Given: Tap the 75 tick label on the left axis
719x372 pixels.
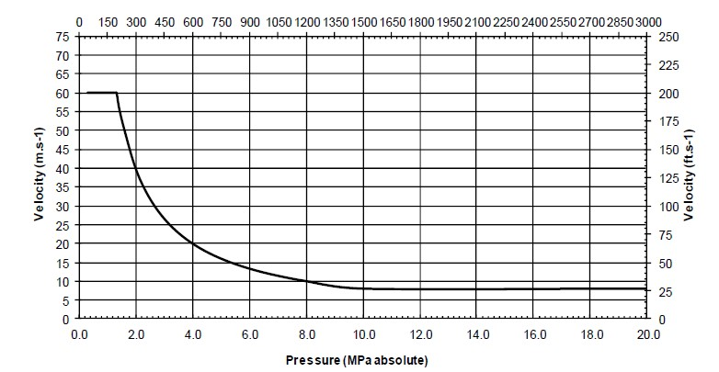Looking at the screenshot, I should pos(63,37).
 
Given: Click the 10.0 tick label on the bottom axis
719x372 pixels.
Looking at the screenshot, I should pos(363,334).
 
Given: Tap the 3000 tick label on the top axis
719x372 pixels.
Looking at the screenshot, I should pos(647,20).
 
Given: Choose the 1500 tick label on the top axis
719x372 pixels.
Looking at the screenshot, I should pos(363,20).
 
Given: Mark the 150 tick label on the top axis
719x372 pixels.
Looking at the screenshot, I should pos(108,20).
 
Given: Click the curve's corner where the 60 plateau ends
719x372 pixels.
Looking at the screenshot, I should pos(117,93).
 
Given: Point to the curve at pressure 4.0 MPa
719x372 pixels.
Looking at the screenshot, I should pos(193,243).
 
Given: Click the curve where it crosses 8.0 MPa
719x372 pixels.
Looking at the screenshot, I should pos(307,281).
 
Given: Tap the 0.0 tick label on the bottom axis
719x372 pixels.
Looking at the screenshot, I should pos(79,334).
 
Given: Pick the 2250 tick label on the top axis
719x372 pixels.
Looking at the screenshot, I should pos(505,20).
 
